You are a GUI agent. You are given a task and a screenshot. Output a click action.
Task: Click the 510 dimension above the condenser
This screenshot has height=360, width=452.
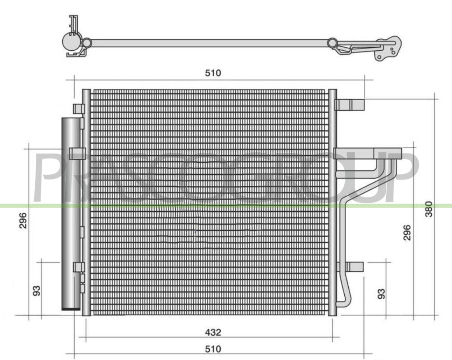[x=213, y=73]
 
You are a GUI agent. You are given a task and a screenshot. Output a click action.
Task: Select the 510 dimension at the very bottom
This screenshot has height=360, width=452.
[x=213, y=349]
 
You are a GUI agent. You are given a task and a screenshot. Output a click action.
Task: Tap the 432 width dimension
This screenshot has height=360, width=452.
[x=213, y=332]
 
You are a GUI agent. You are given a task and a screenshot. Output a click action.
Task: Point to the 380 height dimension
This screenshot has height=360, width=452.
[x=429, y=209]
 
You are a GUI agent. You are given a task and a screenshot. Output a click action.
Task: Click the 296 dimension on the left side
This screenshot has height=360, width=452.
[x=23, y=220]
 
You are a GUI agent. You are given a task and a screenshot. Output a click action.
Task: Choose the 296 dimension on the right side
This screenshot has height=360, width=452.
[x=407, y=232]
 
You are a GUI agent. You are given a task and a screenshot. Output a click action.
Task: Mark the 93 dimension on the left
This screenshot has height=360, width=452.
[x=37, y=291]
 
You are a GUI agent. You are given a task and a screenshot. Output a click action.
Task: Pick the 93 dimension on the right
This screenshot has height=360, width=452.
[x=381, y=294]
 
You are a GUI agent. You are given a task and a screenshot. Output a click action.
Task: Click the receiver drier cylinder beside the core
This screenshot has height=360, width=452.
[x=71, y=214]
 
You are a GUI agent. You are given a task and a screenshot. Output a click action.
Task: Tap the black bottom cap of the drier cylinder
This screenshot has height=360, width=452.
[x=71, y=309]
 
